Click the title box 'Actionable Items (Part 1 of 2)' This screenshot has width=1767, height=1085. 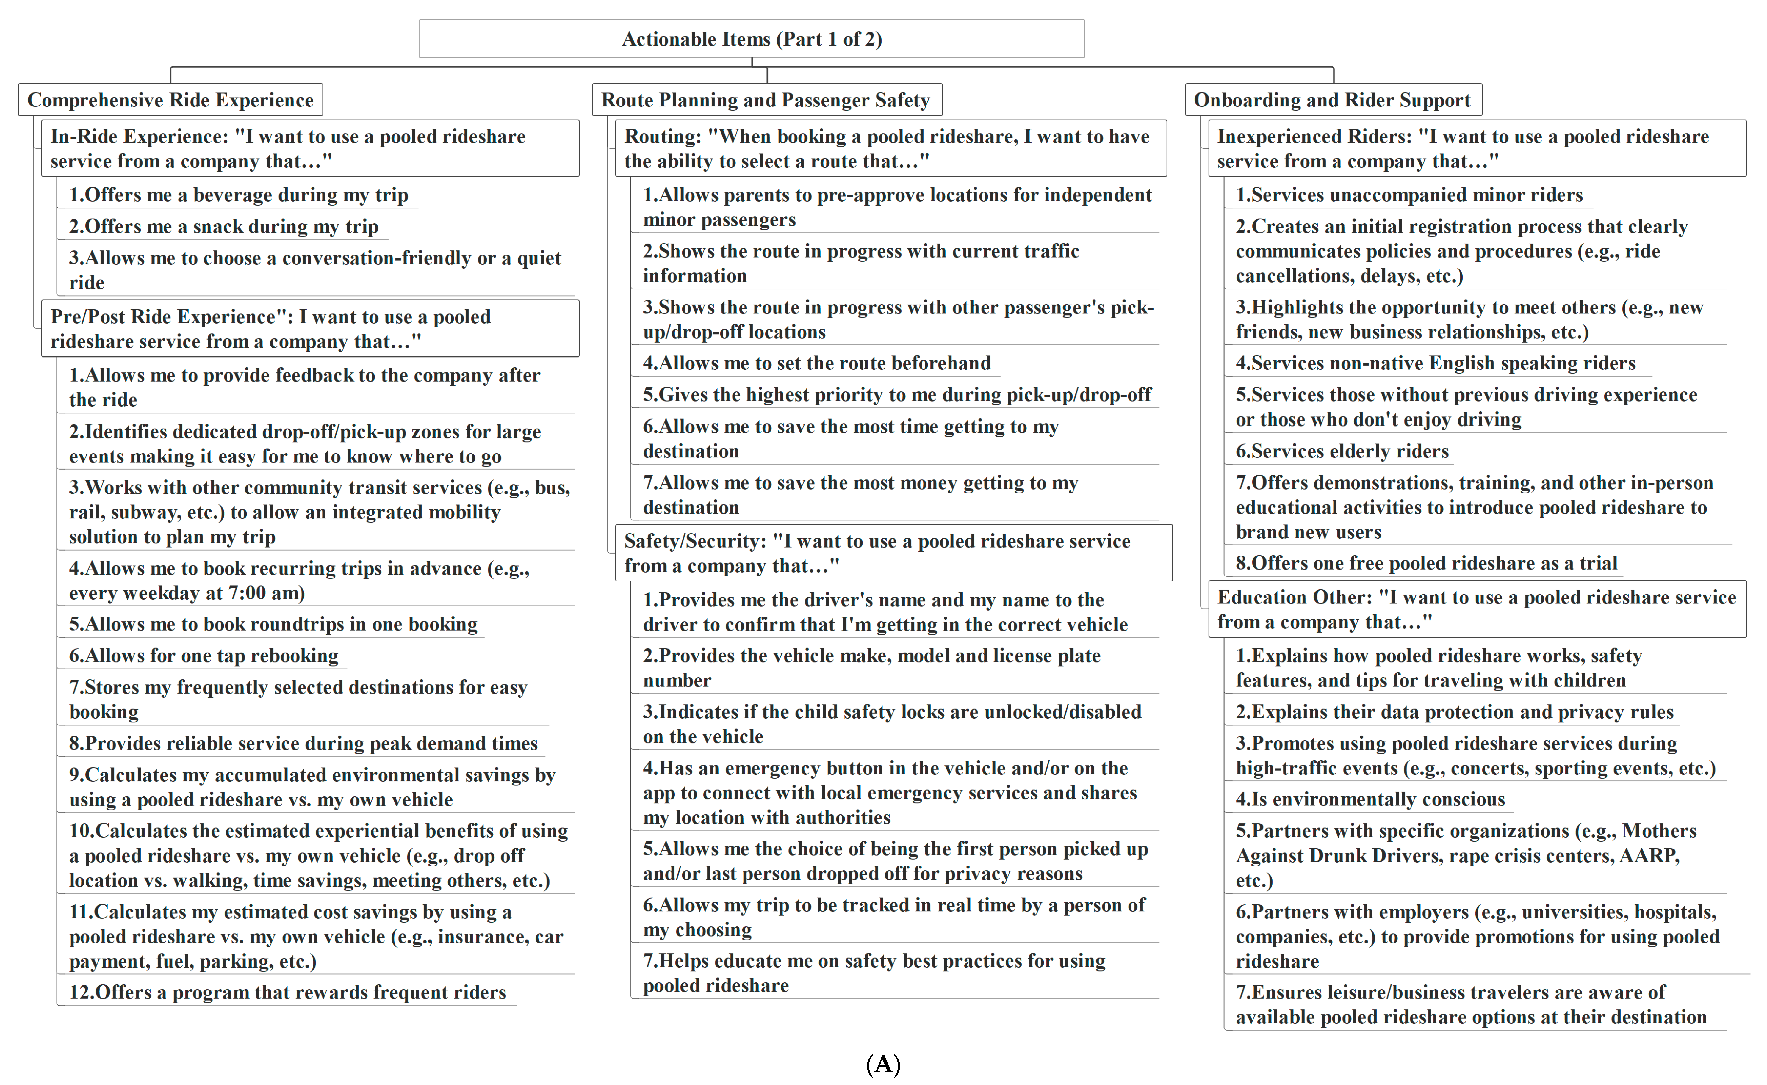(752, 39)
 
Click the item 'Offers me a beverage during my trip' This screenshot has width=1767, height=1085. (238, 195)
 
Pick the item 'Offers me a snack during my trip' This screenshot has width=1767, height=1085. (223, 227)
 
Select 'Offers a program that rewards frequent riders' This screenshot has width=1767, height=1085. (287, 993)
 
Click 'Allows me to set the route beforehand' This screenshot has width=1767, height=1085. (817, 363)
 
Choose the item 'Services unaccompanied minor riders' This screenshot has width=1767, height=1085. (1409, 195)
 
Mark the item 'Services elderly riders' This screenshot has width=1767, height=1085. (1342, 451)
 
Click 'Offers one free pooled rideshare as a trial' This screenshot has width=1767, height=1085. (1426, 563)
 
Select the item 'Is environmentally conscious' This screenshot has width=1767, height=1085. (1370, 799)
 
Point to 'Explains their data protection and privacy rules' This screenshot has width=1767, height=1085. (1454, 712)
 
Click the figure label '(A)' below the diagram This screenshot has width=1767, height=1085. (883, 1064)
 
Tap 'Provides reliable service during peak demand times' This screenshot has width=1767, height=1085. (303, 744)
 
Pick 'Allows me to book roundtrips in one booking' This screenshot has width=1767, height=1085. (273, 624)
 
